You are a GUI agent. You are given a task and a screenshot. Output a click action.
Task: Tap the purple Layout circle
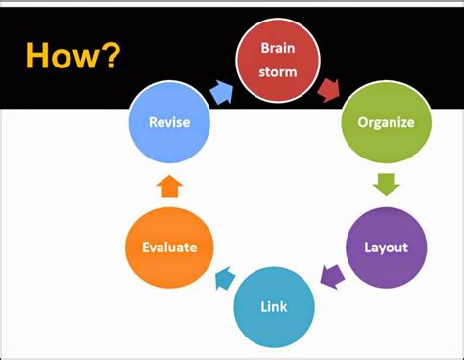click(387, 247)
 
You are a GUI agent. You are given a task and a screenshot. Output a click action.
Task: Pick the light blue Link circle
click(274, 308)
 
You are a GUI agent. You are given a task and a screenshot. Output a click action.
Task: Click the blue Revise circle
click(168, 122)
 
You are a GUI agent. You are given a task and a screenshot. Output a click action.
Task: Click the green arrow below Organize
click(387, 183)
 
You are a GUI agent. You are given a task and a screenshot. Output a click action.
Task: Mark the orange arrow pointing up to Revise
click(168, 185)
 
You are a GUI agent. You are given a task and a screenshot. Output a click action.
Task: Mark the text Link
click(274, 308)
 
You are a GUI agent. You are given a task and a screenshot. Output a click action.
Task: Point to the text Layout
click(387, 247)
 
